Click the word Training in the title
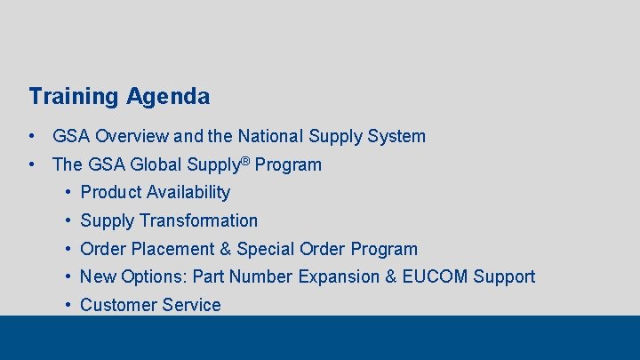(x=74, y=96)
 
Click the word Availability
(x=188, y=192)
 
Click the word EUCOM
(x=435, y=276)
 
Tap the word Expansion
(x=339, y=276)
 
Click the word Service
(x=189, y=305)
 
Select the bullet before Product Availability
(x=68, y=192)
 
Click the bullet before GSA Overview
(x=32, y=137)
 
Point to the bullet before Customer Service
(x=68, y=305)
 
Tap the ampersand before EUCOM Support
(x=391, y=276)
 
